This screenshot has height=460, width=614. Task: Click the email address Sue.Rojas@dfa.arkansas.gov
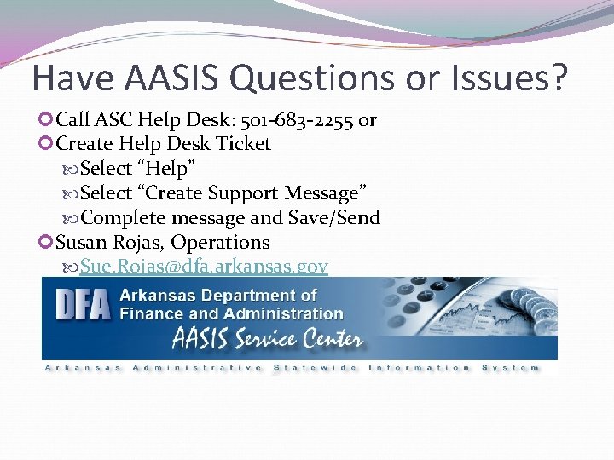point(204,267)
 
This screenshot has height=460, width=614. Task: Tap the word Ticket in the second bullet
point(242,144)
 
